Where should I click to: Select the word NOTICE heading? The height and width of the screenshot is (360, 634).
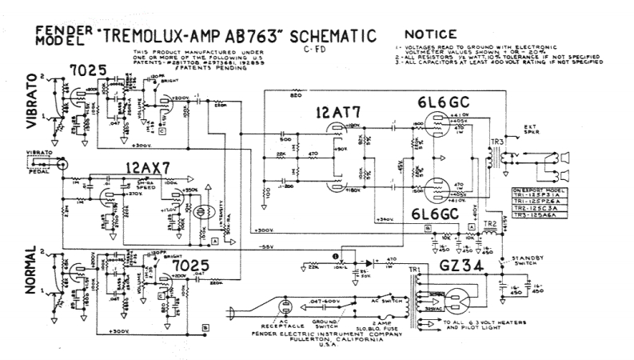click(x=431, y=34)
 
